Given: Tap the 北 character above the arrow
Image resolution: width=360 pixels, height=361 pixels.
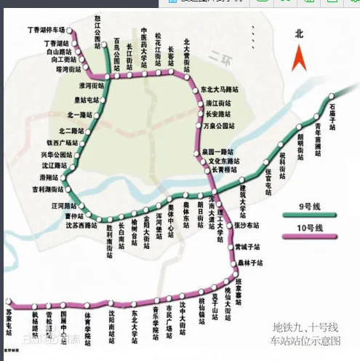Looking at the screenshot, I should (298, 33).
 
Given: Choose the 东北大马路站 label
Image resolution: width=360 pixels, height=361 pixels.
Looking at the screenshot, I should (220, 90).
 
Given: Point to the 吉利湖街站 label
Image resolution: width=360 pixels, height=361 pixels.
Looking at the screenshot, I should (47, 189).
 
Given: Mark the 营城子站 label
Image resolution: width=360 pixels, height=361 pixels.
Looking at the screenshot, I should (247, 246).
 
